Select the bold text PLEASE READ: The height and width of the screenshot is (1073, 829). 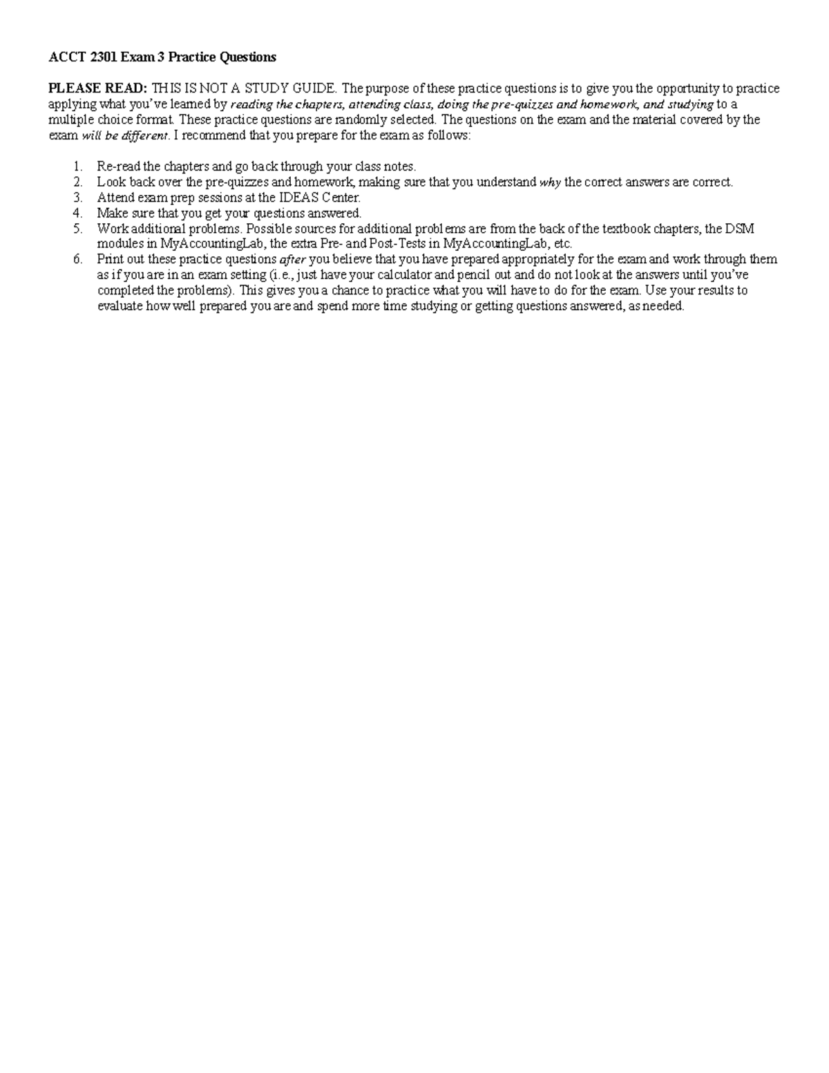point(97,88)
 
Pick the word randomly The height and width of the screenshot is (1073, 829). point(359,120)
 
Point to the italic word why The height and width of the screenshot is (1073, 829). point(550,182)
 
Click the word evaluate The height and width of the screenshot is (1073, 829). point(120,306)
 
